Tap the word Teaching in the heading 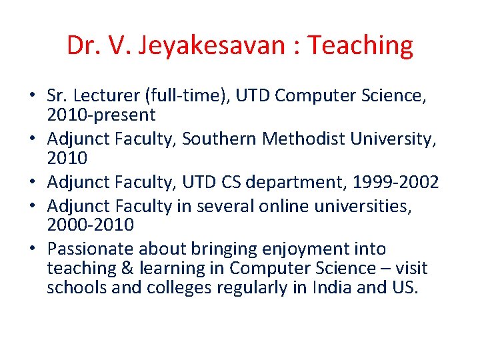pyautogui.click(x=361, y=45)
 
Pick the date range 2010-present pyautogui.click(x=101, y=115)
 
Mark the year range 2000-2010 pyautogui.click(x=91, y=225)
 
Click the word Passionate pyautogui.click(x=91, y=249)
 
